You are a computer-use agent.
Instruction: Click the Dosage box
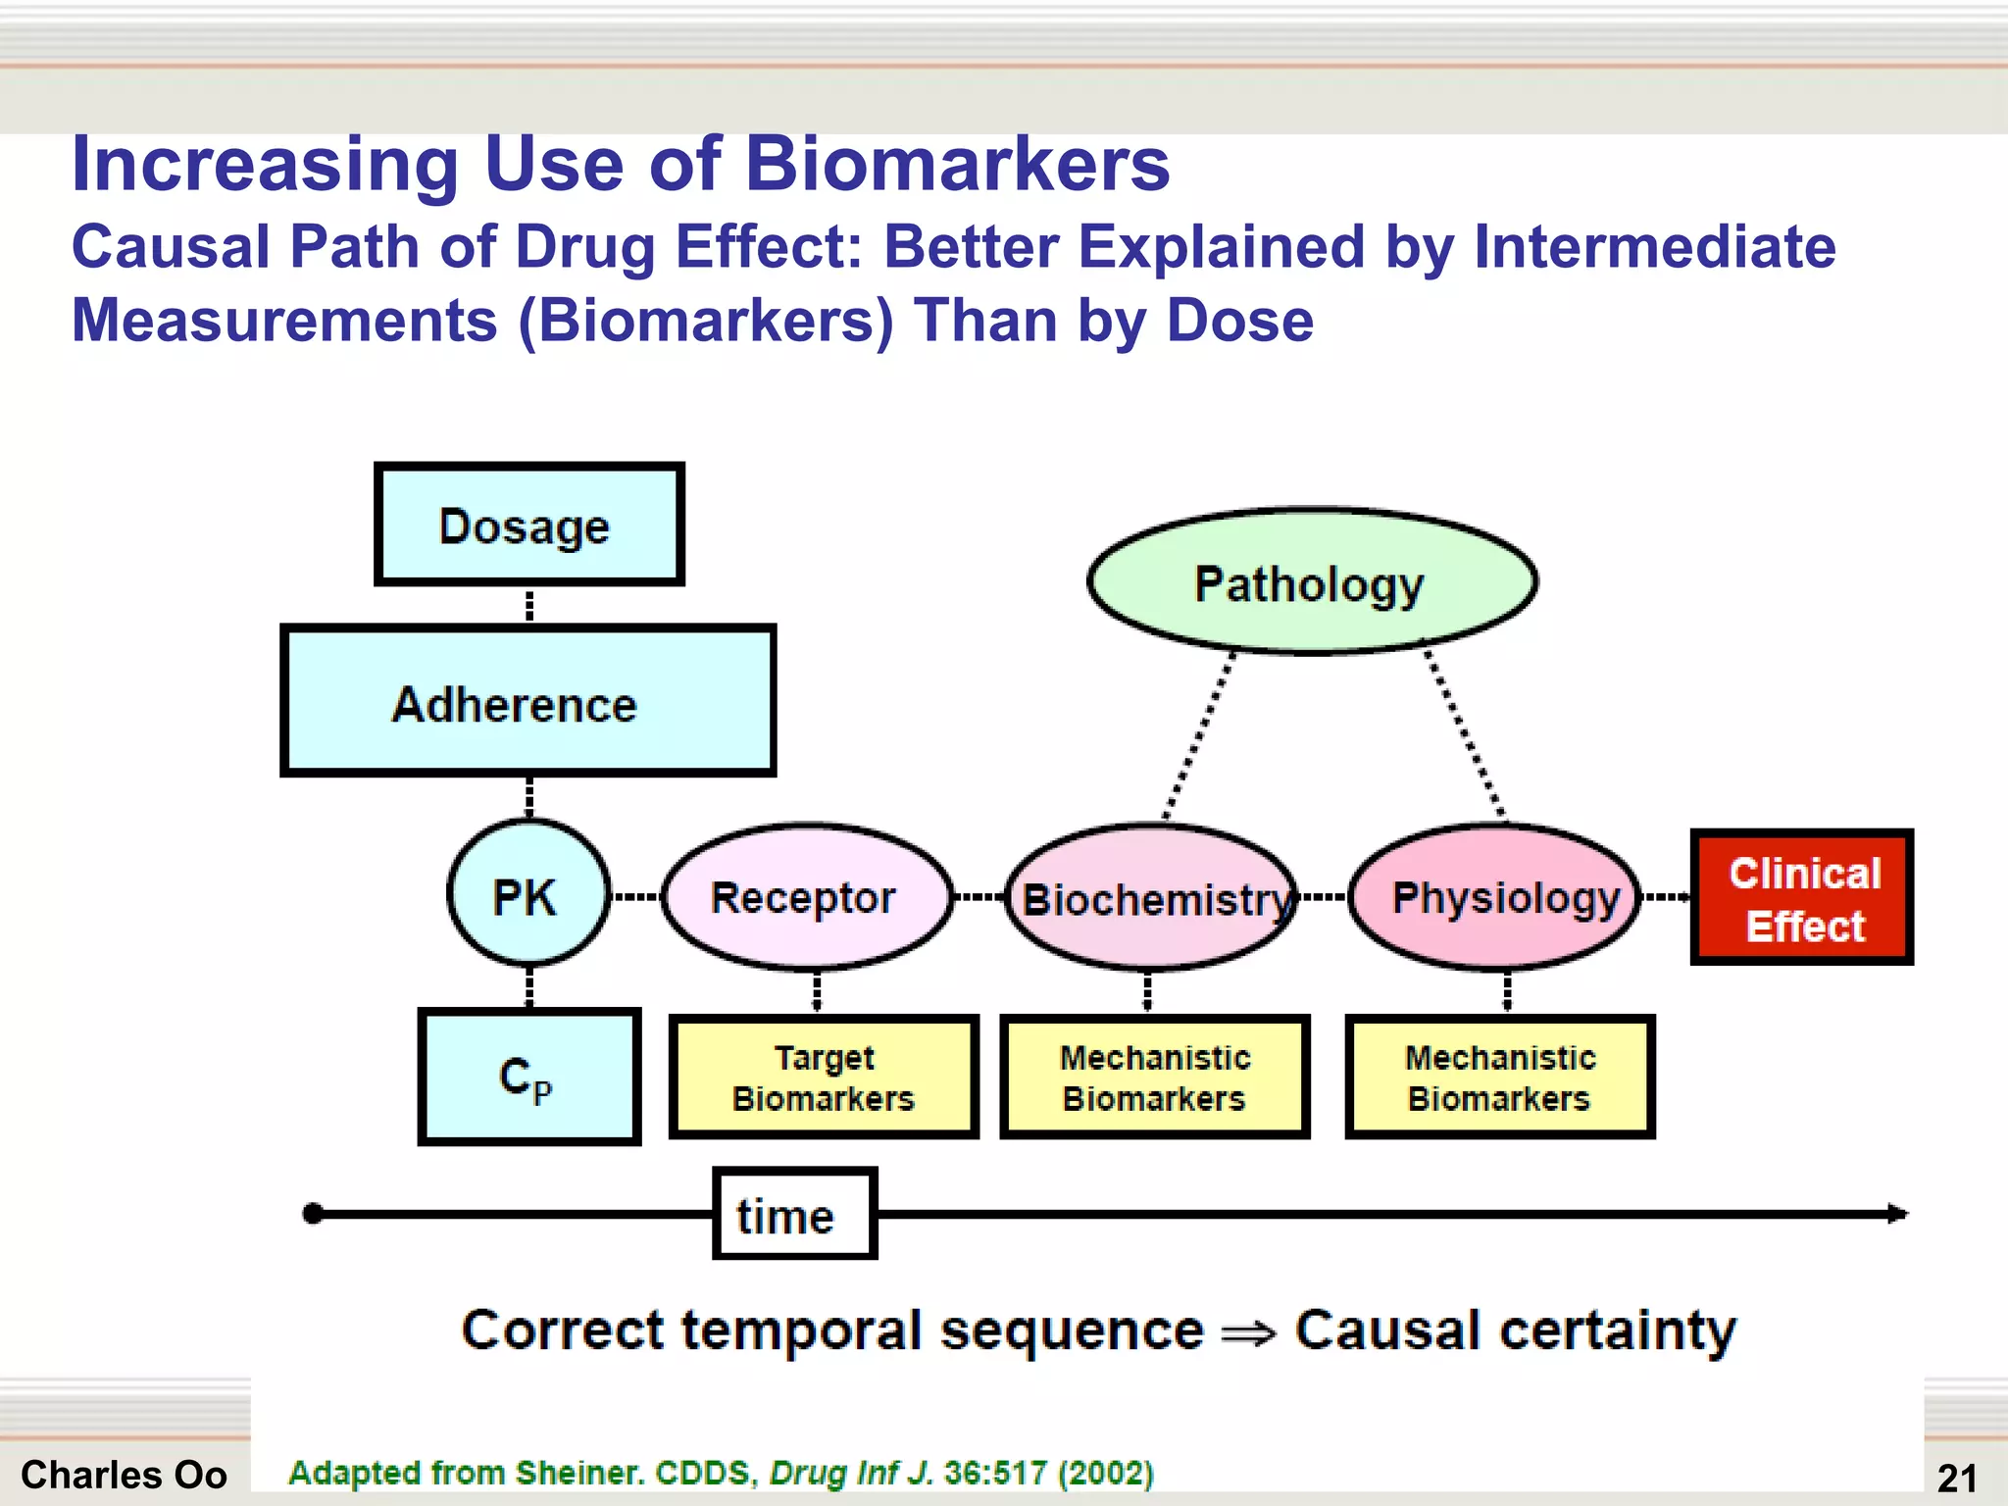click(528, 525)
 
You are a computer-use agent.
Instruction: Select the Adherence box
click(527, 701)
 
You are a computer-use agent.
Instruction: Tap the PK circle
click(527, 893)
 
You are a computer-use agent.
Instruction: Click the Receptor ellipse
click(807, 896)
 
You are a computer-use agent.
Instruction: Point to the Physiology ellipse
click(1495, 896)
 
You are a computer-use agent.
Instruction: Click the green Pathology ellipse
click(1311, 581)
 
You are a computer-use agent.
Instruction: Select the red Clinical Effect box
click(1801, 897)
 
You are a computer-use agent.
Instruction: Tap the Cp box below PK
click(528, 1077)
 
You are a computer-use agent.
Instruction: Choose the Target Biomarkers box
click(824, 1077)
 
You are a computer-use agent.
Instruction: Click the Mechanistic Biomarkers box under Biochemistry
click(1154, 1077)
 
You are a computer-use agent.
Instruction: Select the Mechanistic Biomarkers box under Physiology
click(1499, 1077)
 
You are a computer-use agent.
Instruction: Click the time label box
click(794, 1214)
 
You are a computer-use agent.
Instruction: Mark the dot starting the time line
click(314, 1214)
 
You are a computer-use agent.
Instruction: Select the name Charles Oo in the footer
click(124, 1475)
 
